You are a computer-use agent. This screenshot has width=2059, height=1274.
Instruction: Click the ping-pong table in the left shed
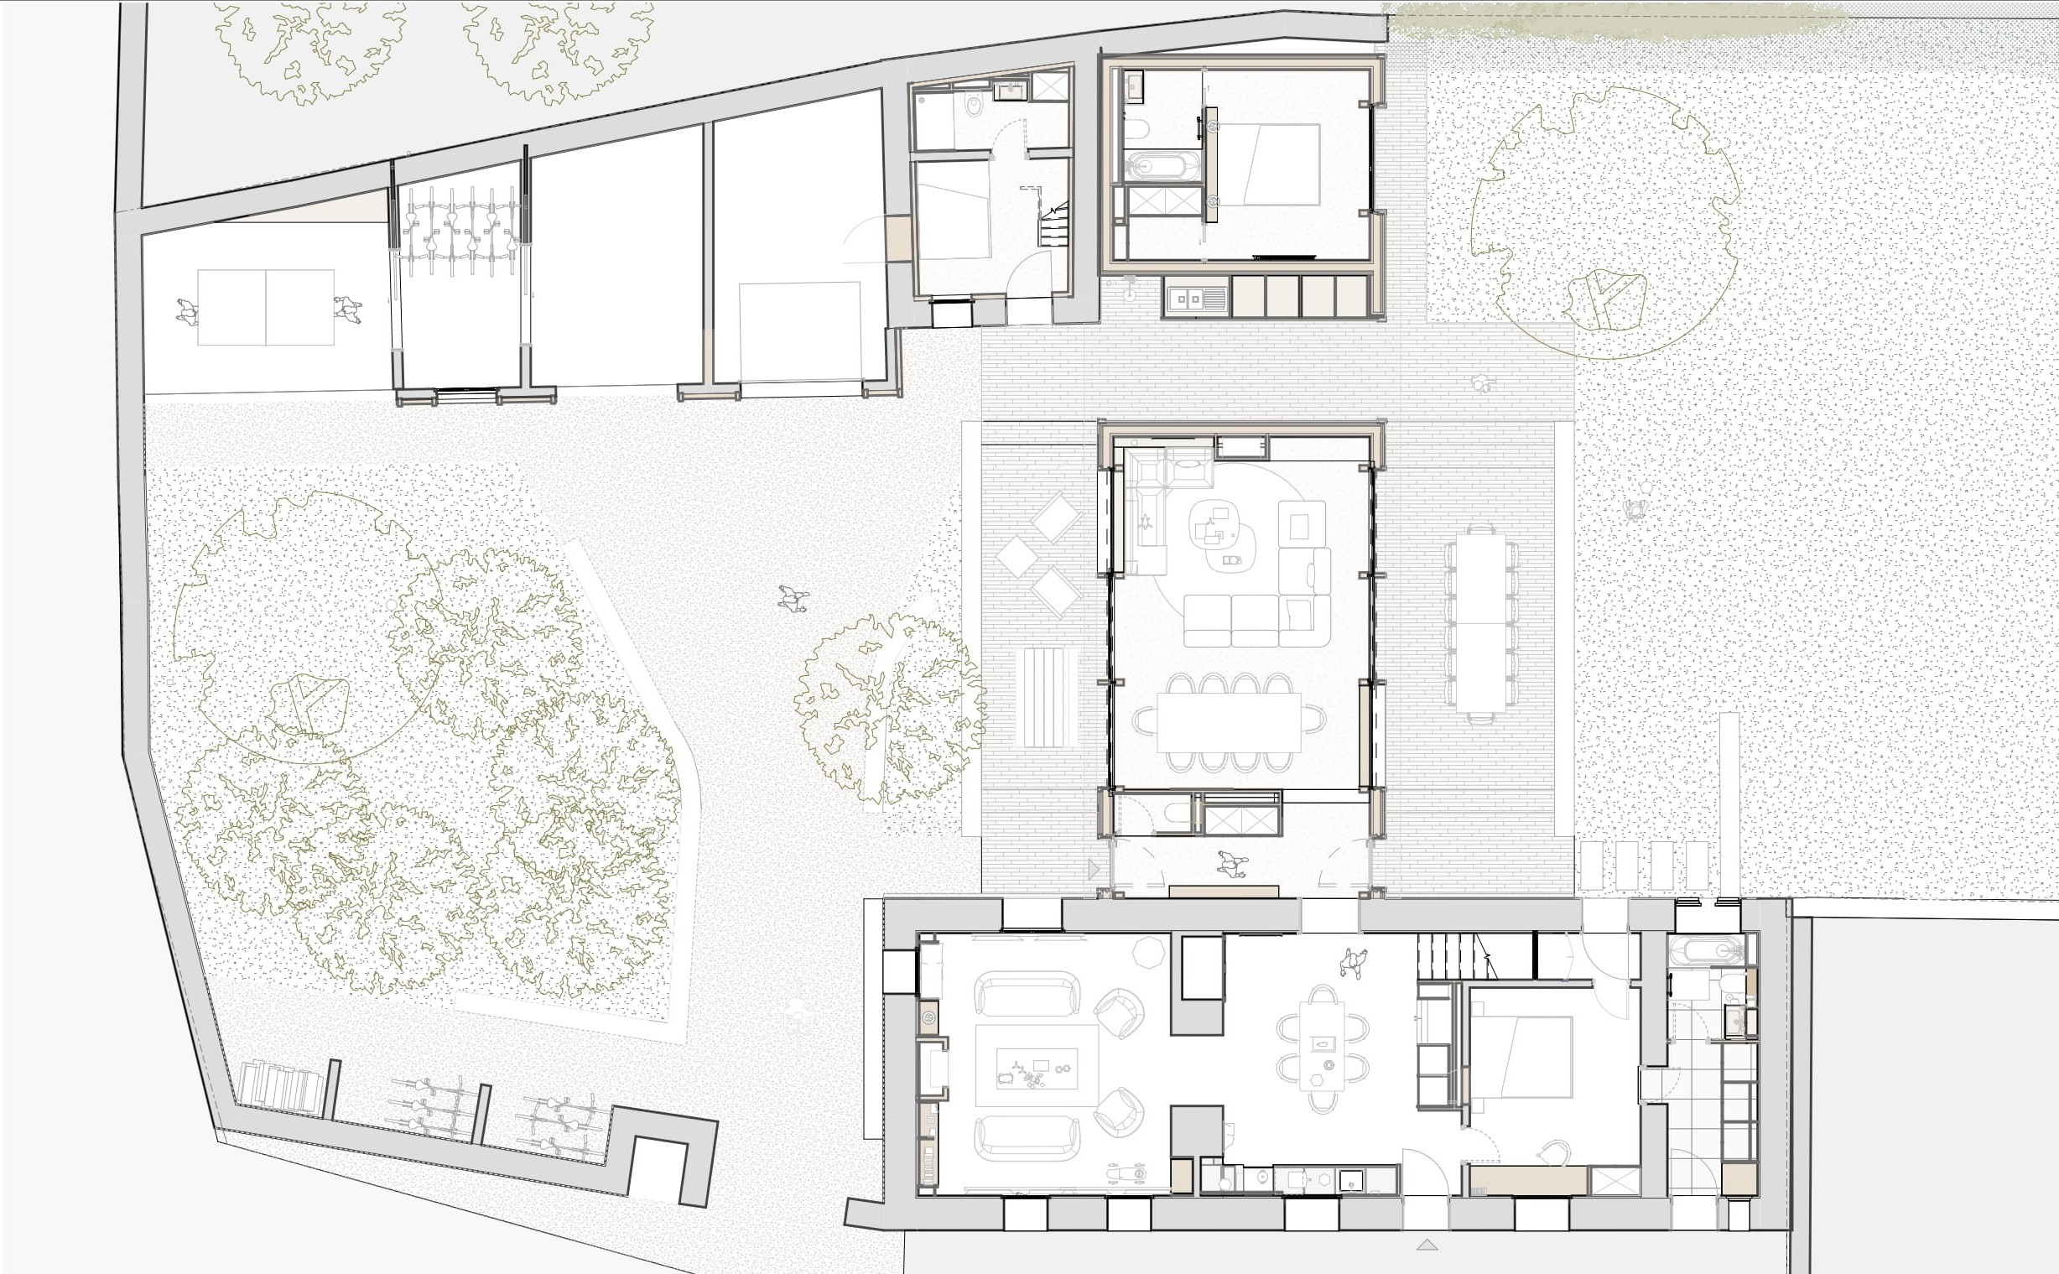tap(265, 308)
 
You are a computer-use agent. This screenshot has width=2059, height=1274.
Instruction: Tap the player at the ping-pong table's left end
tap(186, 312)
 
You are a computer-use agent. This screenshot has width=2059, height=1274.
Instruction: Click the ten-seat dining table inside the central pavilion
tap(1229, 722)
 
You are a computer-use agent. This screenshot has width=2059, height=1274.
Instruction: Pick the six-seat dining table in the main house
tap(1322, 1045)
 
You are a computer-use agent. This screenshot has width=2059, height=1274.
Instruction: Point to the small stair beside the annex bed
tap(1054, 226)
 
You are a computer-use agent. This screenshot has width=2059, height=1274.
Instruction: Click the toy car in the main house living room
tap(1126, 1173)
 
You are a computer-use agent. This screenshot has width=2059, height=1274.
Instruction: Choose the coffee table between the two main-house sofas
tap(1037, 1067)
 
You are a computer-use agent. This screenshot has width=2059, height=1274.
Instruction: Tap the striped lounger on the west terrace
tap(1046, 697)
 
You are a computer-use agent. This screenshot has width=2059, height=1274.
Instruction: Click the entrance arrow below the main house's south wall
tap(1426, 1245)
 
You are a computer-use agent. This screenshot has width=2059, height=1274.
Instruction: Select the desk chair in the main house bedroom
tap(1552, 1152)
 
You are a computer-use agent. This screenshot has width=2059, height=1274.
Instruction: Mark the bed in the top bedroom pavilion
tap(1269, 165)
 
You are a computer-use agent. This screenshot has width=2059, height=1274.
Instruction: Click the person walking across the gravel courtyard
tap(792, 598)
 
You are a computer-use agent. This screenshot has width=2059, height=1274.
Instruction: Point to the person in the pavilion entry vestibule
tap(1231, 864)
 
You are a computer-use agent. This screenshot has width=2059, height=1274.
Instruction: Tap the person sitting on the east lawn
tap(1635, 510)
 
